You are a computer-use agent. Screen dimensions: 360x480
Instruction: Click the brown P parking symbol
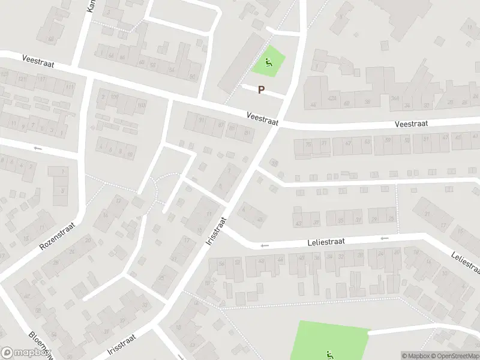coord(261,90)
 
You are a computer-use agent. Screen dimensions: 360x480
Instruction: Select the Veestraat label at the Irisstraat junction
coord(262,118)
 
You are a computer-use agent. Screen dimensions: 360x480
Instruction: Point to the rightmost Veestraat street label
coord(411,124)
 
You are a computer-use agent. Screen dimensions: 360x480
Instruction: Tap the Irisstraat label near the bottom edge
coord(123,346)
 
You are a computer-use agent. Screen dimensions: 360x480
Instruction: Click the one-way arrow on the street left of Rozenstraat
coord(38,148)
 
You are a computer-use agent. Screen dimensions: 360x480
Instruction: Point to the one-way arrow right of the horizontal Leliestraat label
coord(384,238)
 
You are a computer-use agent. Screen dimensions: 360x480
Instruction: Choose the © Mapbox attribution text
coord(415,356)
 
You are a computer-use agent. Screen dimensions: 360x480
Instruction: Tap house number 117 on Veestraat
coord(41,79)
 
